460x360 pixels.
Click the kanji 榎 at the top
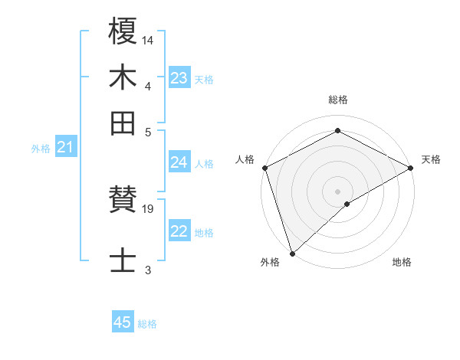(123, 33)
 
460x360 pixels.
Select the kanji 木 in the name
(123, 77)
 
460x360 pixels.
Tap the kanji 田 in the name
(123, 123)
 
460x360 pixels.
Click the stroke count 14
(148, 39)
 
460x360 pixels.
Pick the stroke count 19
(148, 208)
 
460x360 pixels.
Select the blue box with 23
(179, 78)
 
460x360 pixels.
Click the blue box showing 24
(179, 162)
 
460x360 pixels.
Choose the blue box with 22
(179, 232)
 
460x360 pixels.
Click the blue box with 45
(123, 322)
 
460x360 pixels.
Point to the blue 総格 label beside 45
(147, 324)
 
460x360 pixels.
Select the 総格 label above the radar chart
(337, 100)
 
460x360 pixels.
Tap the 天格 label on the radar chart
(431, 159)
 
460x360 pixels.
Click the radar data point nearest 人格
(264, 167)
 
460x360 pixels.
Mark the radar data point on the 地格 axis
(347, 204)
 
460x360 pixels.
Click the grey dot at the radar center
(337, 191)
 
